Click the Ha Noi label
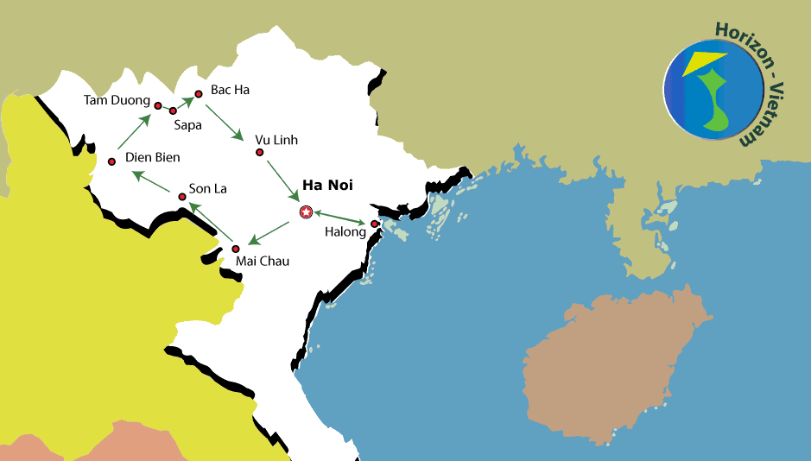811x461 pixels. (x=328, y=185)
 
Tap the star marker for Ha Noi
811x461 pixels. (x=304, y=212)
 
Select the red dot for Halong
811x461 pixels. (x=374, y=224)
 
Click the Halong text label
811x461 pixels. (x=345, y=232)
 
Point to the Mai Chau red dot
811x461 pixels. (x=235, y=249)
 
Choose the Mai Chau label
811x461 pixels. (x=263, y=262)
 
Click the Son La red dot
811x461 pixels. (x=182, y=197)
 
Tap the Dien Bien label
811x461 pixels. (x=153, y=158)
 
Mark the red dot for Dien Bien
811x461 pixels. (x=111, y=161)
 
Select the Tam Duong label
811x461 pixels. (x=117, y=100)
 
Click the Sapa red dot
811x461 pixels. (x=173, y=111)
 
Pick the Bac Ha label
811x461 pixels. (x=230, y=90)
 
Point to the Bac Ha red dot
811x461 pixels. (x=199, y=93)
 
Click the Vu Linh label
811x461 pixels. (x=276, y=140)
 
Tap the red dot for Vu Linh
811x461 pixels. (x=259, y=152)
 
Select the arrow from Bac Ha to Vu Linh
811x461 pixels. (x=224, y=122)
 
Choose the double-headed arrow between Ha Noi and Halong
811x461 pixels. (x=339, y=218)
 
